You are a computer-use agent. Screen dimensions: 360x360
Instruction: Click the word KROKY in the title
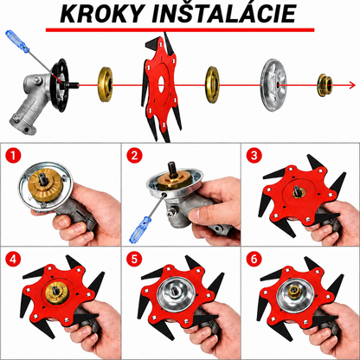(x=102, y=14)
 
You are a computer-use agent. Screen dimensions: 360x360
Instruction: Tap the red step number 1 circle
(x=13, y=156)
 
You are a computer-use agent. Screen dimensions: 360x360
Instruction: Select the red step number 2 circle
(x=134, y=156)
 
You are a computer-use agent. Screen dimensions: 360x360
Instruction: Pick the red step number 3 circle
(x=254, y=156)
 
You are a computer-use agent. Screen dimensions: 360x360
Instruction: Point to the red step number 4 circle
(x=13, y=260)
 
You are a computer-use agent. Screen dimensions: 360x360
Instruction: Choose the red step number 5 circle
(x=134, y=259)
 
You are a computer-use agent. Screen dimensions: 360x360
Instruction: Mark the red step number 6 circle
(x=254, y=259)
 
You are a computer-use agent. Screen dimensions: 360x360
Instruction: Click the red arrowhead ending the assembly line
(x=352, y=85)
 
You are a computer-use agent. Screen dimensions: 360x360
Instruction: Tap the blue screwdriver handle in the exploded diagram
(x=17, y=42)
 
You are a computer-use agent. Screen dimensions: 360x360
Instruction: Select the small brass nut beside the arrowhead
(x=325, y=86)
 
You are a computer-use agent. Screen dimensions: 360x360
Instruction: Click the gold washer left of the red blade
(x=106, y=85)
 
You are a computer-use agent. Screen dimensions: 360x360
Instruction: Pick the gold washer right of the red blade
(x=213, y=85)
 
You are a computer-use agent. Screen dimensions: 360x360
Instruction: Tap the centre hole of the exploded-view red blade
(x=161, y=85)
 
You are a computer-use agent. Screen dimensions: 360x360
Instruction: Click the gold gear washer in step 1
(x=46, y=185)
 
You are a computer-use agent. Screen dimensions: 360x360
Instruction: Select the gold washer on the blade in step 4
(x=58, y=293)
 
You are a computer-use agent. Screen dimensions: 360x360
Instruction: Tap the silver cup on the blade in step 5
(x=176, y=294)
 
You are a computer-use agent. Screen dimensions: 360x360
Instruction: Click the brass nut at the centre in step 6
(x=295, y=293)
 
